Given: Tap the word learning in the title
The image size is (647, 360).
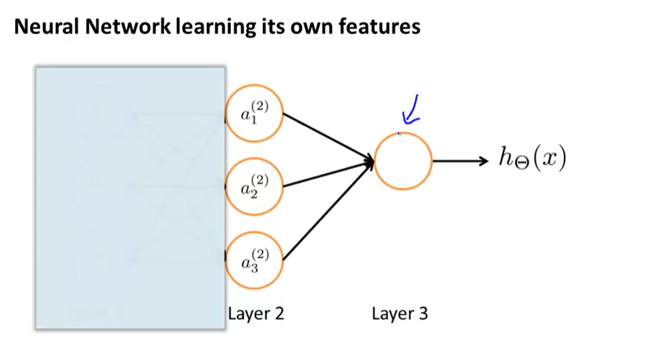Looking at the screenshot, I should coord(199,29).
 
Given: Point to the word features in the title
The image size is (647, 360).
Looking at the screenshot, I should coord(380,28).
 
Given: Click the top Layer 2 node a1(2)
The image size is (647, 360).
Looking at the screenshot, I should coord(254,114).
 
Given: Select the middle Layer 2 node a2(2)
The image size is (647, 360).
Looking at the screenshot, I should coord(254,185).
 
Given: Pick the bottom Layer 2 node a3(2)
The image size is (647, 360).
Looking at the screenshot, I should coord(254,259).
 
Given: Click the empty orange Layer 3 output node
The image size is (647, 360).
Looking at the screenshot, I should coord(403,161).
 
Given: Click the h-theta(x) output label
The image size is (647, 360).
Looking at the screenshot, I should coord(532,160).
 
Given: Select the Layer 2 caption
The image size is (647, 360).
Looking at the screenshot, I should coord(255,314).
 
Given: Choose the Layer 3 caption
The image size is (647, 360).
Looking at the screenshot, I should coord(400,314).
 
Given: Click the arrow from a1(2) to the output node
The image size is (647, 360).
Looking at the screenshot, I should coord(327,137).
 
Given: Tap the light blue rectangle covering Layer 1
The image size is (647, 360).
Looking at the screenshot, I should coord(130,197).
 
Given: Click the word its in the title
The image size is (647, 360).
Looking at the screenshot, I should coord(272,28).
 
